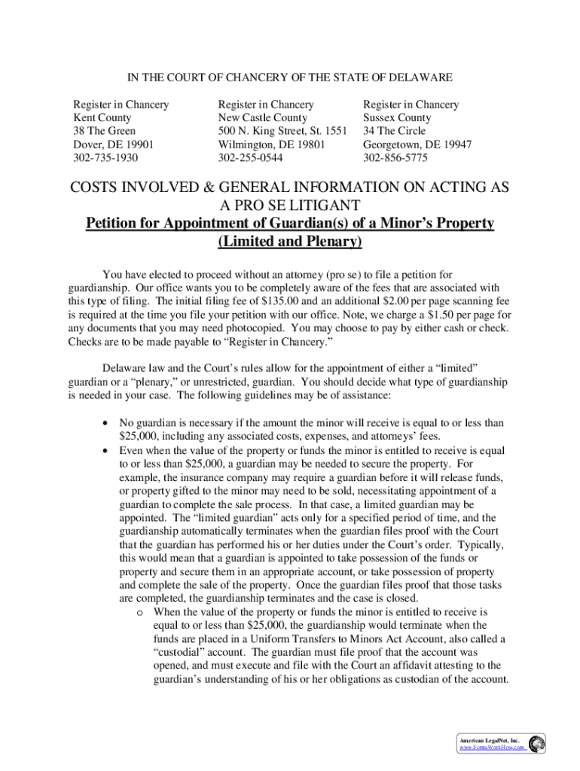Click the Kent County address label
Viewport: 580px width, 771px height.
click(102, 118)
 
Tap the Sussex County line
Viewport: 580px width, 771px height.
click(397, 118)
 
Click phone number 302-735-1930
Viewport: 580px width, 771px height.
click(105, 159)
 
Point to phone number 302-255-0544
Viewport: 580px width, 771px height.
click(250, 159)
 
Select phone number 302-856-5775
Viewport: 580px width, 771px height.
click(395, 159)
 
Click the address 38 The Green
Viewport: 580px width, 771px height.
click(104, 132)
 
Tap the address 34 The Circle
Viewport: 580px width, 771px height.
click(394, 132)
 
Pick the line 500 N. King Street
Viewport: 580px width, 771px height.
click(282, 132)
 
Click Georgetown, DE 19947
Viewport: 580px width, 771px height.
click(417, 145)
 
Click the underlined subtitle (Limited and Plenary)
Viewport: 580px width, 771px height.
click(290, 242)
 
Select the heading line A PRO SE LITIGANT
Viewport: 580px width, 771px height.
click(290, 205)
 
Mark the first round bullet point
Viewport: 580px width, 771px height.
click(105, 423)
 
